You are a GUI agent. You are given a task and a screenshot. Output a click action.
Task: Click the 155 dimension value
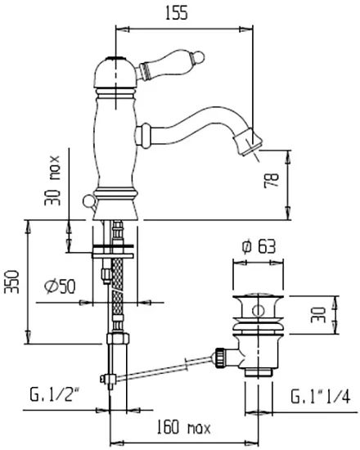coord(177,13)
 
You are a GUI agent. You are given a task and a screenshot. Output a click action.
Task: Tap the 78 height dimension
coord(272,180)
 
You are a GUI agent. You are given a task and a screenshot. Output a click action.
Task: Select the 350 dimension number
coord(12,281)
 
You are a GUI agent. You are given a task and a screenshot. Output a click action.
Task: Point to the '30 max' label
coord(52,181)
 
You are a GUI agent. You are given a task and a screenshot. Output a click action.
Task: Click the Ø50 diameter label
coord(60,286)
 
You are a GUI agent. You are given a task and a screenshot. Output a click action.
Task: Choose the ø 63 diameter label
coord(259,246)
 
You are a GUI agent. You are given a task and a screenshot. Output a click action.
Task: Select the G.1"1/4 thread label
coord(321,397)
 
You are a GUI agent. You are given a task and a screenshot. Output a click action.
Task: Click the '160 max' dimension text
coord(184,428)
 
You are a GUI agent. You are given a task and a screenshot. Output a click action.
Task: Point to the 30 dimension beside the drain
coord(318,315)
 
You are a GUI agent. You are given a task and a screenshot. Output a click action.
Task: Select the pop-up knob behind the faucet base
coord(89,202)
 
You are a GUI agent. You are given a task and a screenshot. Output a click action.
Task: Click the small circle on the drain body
coord(259,311)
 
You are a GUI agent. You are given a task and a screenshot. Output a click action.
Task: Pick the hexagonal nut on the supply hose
coord(118,339)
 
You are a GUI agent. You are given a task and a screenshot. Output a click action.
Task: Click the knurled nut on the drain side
coord(220,357)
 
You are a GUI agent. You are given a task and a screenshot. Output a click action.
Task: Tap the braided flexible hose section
coord(118,289)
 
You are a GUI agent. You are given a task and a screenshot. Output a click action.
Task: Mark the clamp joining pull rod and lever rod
coord(107,380)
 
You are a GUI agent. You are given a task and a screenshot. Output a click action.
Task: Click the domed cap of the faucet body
coord(115,72)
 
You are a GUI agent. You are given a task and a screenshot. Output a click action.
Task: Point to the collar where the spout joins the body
coord(143,136)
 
